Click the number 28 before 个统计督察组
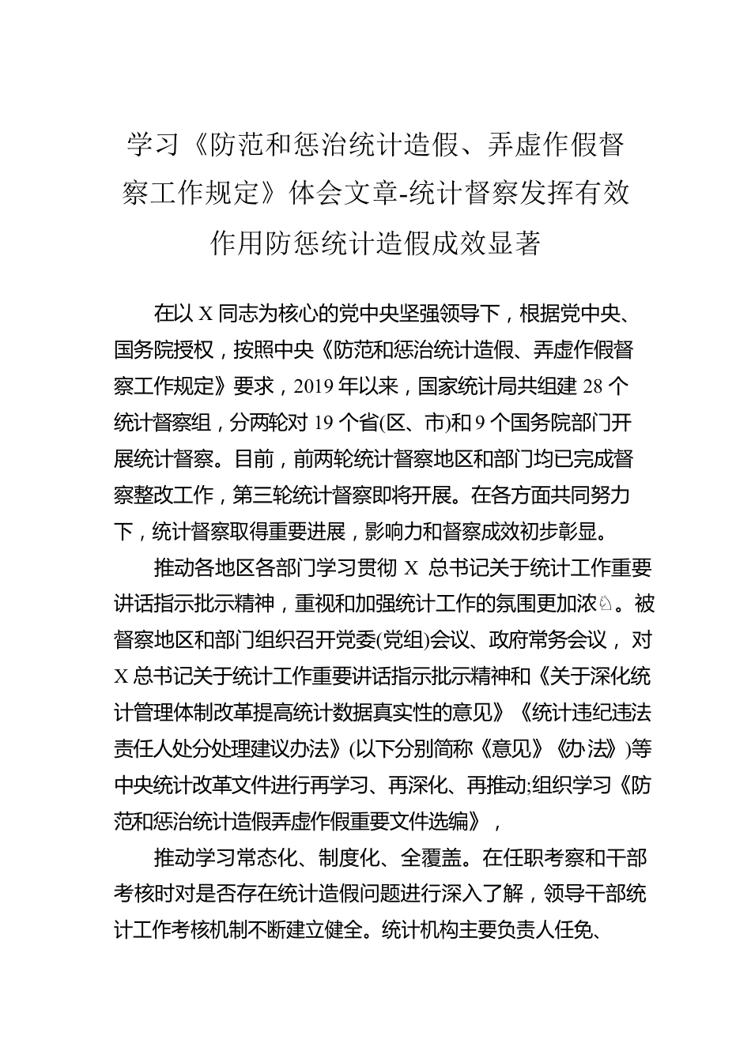click(593, 386)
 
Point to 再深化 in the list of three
click(420, 785)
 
